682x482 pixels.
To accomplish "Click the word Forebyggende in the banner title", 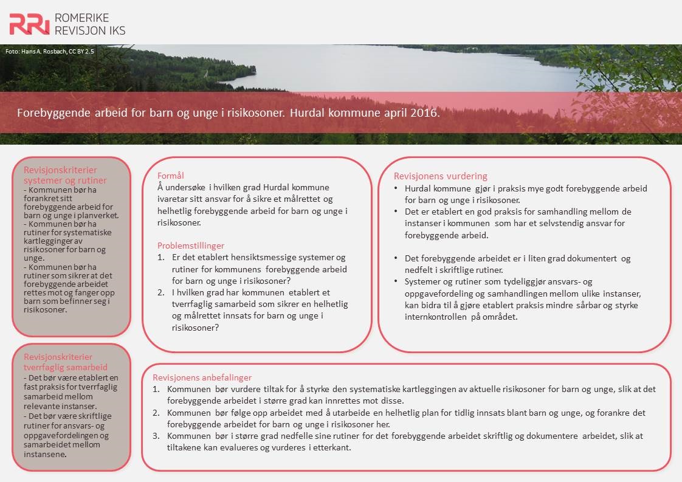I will [50, 113].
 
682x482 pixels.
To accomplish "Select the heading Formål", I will [171, 176].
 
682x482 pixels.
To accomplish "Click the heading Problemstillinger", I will [191, 246].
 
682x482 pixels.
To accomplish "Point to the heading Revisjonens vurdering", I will [440, 176].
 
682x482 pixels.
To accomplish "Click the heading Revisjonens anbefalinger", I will [202, 377].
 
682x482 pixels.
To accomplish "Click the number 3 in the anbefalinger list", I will [156, 436].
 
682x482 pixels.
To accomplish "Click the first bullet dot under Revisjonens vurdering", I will [396, 189].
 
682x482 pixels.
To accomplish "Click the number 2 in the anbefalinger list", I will [156, 413].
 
